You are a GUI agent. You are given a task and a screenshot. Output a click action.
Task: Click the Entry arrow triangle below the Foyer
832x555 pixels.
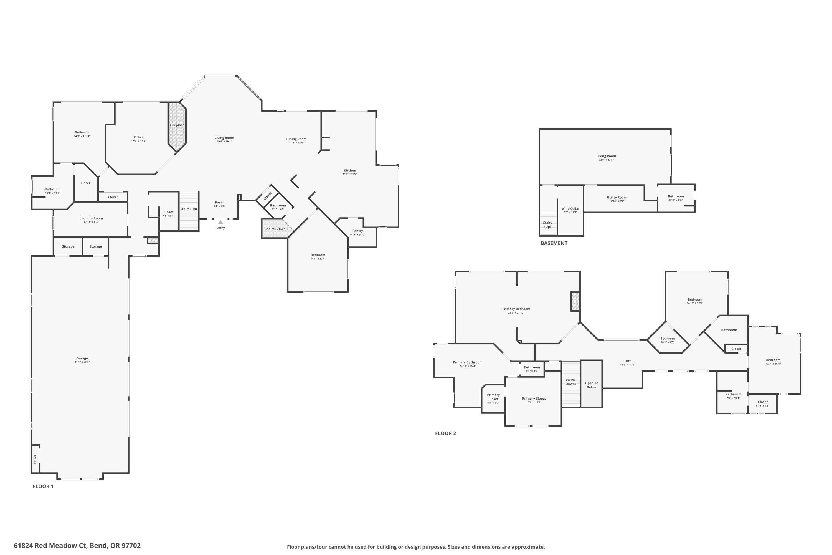tap(220, 222)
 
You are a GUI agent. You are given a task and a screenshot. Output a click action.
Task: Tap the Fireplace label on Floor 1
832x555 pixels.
tap(177, 125)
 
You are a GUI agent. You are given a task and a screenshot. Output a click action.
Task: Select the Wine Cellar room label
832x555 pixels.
tap(570, 208)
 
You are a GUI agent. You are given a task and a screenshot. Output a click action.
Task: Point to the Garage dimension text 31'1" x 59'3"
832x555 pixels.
tap(82, 362)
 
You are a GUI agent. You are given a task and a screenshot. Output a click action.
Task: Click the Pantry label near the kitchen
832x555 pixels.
tap(358, 231)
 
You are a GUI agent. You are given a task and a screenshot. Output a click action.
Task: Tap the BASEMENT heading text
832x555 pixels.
tap(554, 243)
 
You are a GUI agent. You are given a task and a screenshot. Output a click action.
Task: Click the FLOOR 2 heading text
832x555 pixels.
tap(445, 433)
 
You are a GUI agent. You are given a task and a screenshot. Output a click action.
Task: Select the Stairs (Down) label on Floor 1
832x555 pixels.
tap(276, 229)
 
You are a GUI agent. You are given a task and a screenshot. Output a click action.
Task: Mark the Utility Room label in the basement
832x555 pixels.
tap(617, 198)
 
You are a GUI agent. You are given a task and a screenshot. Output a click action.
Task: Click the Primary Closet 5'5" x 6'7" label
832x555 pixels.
tap(493, 398)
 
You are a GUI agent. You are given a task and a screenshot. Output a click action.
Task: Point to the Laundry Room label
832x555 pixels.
tap(91, 218)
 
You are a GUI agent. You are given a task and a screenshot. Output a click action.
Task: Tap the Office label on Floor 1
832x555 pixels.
tap(139, 137)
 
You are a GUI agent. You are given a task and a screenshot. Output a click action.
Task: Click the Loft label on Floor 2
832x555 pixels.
tap(627, 361)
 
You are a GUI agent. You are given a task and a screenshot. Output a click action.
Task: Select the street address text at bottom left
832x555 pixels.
tap(77, 546)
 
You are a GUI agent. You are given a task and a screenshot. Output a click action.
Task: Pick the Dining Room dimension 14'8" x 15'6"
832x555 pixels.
tap(296, 143)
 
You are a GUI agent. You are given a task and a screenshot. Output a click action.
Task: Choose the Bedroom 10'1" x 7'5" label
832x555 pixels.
tap(667, 338)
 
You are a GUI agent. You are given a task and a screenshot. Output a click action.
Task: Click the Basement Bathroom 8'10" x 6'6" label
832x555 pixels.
tap(676, 196)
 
